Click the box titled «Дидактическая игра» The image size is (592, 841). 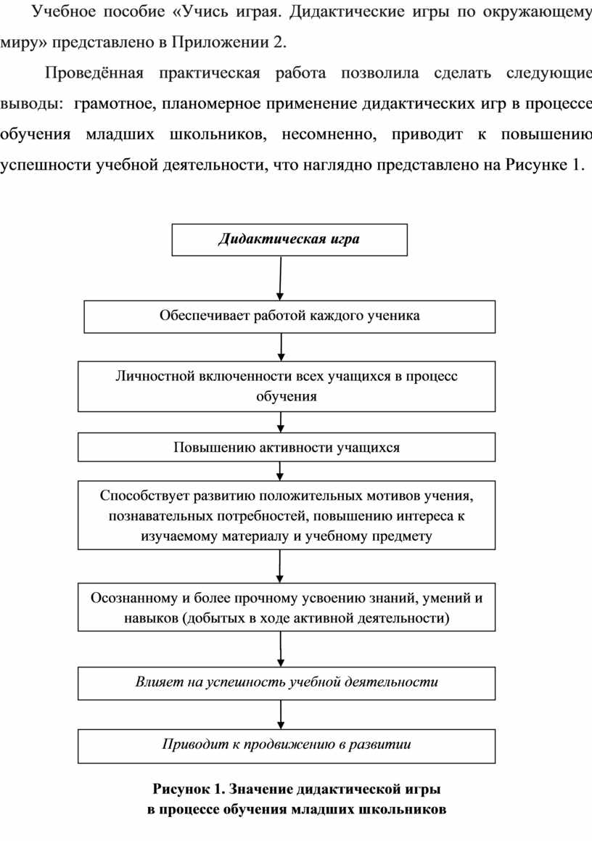(x=289, y=239)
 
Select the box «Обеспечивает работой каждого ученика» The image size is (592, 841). (x=289, y=316)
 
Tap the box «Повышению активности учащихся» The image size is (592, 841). (x=287, y=447)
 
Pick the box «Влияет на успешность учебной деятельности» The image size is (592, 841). (x=287, y=684)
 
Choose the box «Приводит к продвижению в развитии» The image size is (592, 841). (x=287, y=746)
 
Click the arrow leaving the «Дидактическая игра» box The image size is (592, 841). (x=280, y=278)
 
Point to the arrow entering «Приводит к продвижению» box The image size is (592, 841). (x=281, y=715)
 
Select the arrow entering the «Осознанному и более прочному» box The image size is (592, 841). (x=280, y=567)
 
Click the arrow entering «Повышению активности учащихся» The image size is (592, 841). (x=281, y=422)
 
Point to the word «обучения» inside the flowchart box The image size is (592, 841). (x=287, y=397)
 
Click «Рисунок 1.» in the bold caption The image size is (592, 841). (x=188, y=789)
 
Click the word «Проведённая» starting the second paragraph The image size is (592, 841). (x=94, y=73)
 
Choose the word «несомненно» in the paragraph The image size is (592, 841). (x=329, y=134)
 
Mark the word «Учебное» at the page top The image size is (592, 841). (x=62, y=12)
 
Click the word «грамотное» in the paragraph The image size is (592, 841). (x=115, y=104)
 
